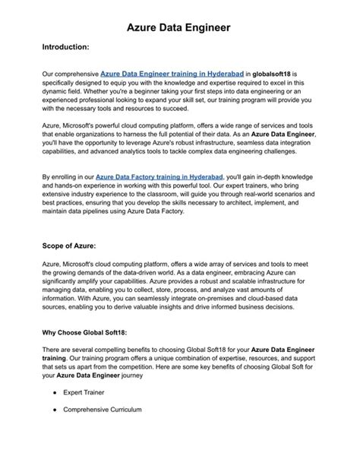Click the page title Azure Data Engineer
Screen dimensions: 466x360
[x=179, y=27]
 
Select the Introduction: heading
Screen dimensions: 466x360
[x=66, y=47]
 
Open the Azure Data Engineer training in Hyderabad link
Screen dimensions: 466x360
[x=172, y=73]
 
